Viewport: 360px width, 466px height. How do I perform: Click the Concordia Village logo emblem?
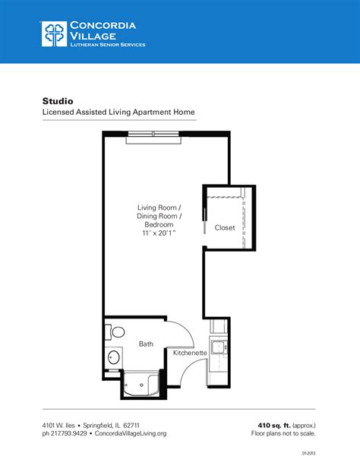click(x=55, y=34)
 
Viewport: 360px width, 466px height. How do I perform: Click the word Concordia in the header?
click(x=103, y=25)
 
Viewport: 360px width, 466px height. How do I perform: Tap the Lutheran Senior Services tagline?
click(x=107, y=45)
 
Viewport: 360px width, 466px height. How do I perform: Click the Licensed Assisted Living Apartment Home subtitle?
click(x=118, y=113)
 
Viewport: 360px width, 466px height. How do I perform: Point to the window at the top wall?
click(x=153, y=135)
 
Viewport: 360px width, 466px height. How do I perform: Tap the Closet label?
click(x=225, y=227)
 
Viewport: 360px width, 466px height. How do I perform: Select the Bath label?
click(x=146, y=344)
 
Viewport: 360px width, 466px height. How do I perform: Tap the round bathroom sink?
click(x=113, y=357)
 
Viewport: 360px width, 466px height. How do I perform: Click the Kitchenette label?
click(x=191, y=353)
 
